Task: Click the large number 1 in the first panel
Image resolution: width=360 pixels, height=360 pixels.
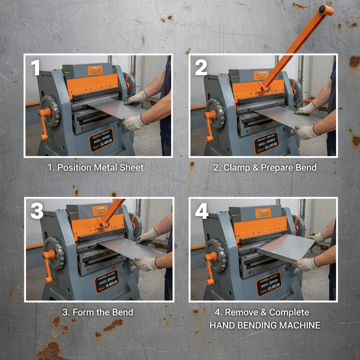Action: coord(35,67)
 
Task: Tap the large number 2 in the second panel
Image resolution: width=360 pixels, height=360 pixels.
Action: coord(201,67)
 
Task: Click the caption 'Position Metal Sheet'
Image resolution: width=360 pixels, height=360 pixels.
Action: coord(96,168)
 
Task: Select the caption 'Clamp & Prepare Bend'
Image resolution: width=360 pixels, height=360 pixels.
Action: coord(265,168)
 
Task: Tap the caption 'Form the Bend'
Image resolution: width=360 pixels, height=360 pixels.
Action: coord(98,312)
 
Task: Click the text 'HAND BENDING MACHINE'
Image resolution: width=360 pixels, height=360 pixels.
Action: coord(265,326)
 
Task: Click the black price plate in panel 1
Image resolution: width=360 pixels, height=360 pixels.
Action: coord(101,140)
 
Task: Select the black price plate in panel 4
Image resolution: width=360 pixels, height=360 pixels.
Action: coord(268,284)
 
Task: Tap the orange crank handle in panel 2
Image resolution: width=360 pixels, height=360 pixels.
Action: coord(210,125)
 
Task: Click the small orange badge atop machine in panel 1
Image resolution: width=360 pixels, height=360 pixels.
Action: coord(95,70)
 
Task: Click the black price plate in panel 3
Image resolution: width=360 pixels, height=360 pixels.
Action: coord(107,281)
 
